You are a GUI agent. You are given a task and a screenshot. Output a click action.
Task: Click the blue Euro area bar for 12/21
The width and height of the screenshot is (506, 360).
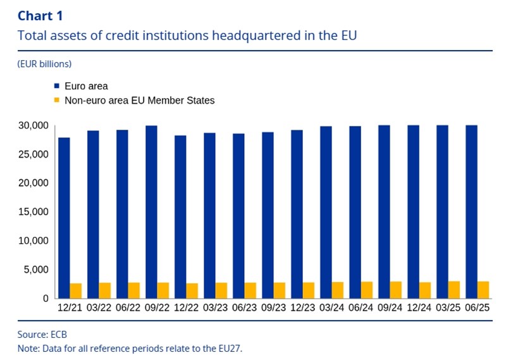click(x=64, y=218)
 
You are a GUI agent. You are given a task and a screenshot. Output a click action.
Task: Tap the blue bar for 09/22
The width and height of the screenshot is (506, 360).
click(x=151, y=212)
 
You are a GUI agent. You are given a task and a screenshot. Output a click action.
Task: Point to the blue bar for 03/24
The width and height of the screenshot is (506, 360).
click(x=326, y=212)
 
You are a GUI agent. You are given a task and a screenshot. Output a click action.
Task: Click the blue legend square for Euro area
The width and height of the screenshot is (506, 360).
click(x=56, y=85)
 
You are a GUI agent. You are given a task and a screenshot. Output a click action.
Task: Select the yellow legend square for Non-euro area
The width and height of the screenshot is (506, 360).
click(x=56, y=100)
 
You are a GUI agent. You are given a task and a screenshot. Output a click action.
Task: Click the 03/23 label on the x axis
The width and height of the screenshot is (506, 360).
click(x=216, y=310)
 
